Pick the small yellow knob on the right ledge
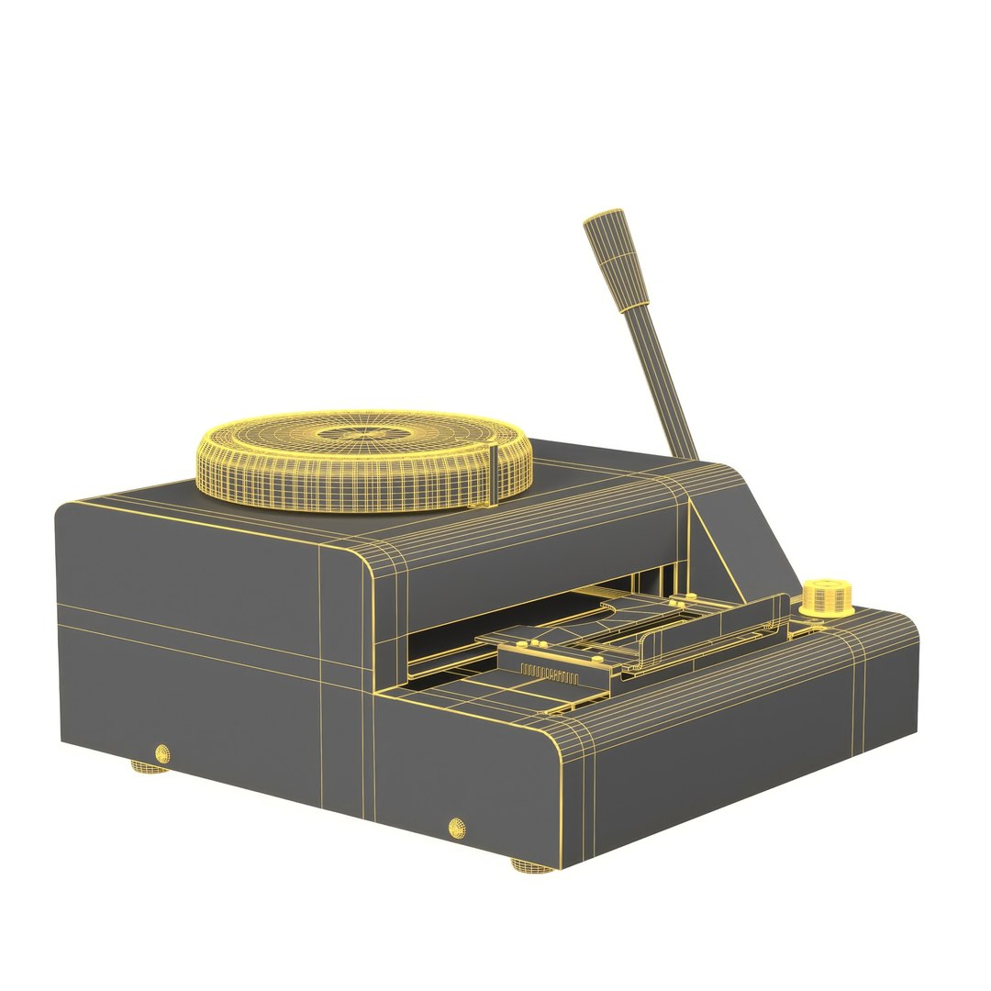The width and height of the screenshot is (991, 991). (x=826, y=596)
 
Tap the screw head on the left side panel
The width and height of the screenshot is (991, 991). (x=162, y=754)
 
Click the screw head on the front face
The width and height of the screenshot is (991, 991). (x=456, y=827)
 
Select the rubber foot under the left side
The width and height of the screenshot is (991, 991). (x=149, y=766)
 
